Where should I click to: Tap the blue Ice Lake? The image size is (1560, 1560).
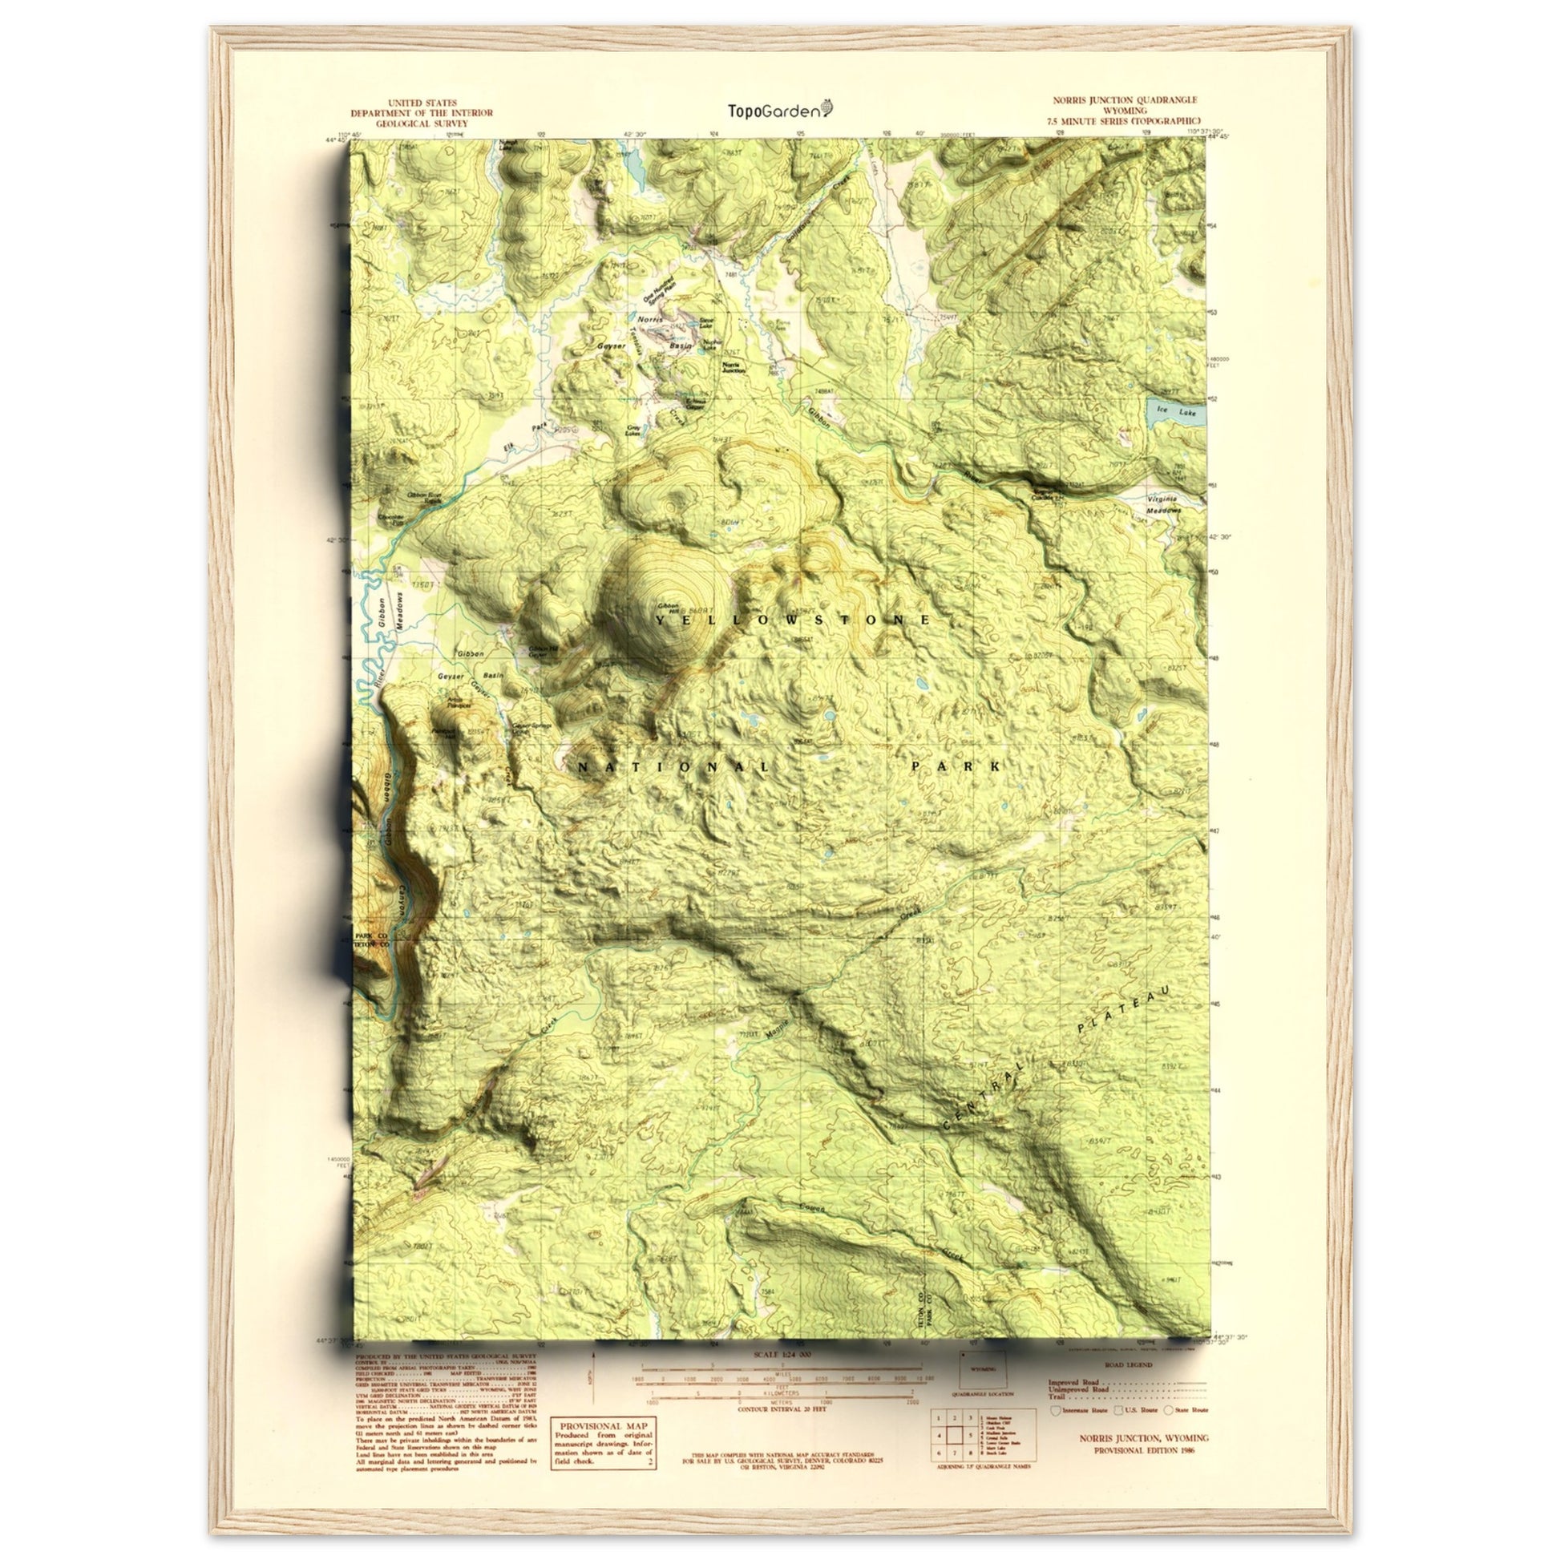(1175, 414)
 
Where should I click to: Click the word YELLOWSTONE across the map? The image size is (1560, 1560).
(792, 620)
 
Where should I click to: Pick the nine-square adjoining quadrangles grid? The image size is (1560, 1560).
(955, 1454)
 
